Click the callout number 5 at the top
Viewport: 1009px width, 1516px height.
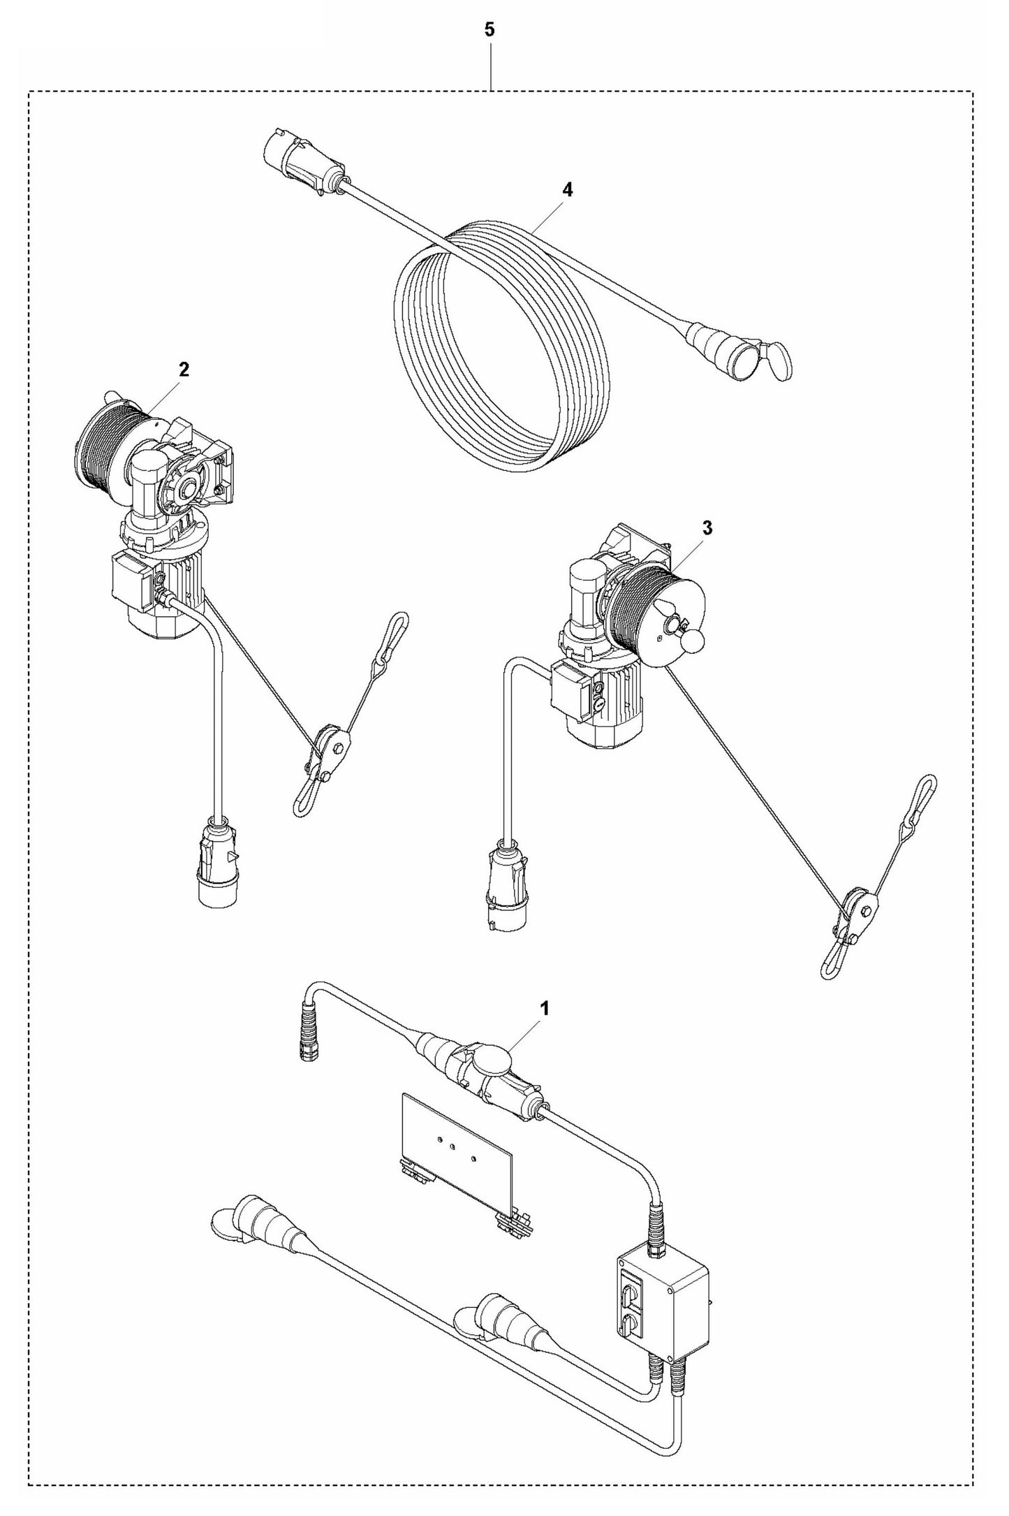[489, 30]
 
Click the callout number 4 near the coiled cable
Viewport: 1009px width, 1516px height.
[567, 189]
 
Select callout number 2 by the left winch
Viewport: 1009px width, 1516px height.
[184, 370]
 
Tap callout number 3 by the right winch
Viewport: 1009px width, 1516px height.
[707, 528]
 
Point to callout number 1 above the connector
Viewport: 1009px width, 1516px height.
[545, 1009]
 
